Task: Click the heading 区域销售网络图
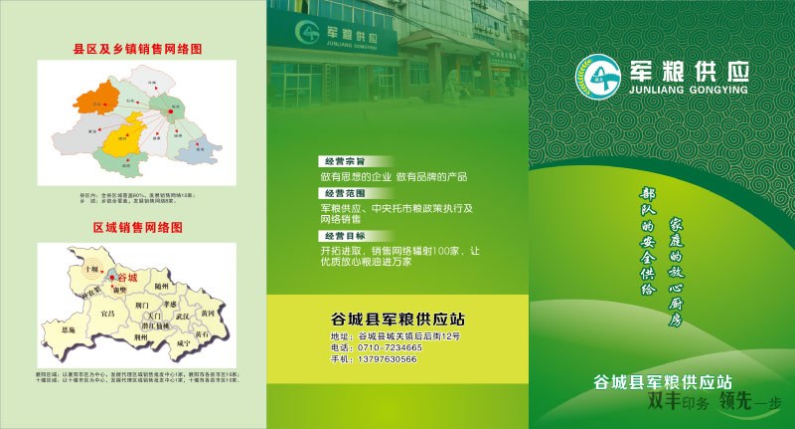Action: click(x=137, y=227)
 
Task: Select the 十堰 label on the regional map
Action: click(x=92, y=270)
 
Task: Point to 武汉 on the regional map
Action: click(x=183, y=317)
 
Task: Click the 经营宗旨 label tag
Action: click(x=343, y=161)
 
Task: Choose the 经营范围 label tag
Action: click(x=343, y=192)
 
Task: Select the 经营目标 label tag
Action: click(x=343, y=235)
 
